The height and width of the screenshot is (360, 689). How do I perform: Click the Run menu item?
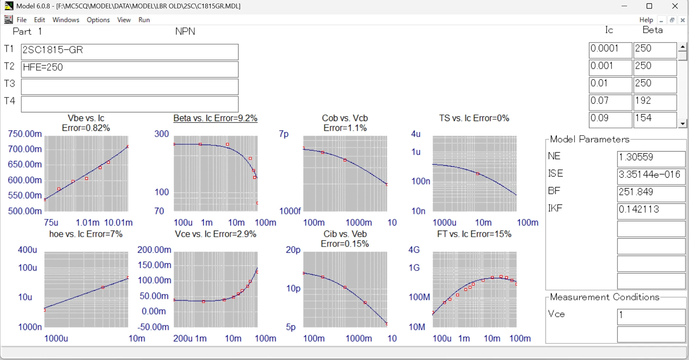click(x=144, y=20)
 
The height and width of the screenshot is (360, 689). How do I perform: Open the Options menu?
click(x=98, y=20)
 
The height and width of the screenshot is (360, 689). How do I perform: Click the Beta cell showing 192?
click(x=655, y=102)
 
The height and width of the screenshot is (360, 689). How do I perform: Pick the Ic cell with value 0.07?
click(x=610, y=102)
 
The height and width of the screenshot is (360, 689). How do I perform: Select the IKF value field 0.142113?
click(x=651, y=211)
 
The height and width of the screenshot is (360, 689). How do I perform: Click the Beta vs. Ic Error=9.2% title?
click(x=215, y=118)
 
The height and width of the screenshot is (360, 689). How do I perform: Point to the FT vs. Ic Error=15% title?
click(x=474, y=234)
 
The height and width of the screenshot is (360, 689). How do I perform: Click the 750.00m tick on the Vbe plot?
click(x=25, y=134)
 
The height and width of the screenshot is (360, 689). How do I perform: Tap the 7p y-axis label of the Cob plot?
click(x=284, y=134)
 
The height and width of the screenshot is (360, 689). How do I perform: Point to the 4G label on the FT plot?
click(x=414, y=250)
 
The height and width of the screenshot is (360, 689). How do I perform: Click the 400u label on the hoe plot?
click(x=28, y=250)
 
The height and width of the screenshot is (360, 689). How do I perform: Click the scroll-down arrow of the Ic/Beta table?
click(x=683, y=124)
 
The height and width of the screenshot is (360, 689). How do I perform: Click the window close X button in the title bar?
click(x=675, y=6)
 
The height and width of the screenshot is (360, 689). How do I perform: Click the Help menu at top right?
click(x=646, y=20)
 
